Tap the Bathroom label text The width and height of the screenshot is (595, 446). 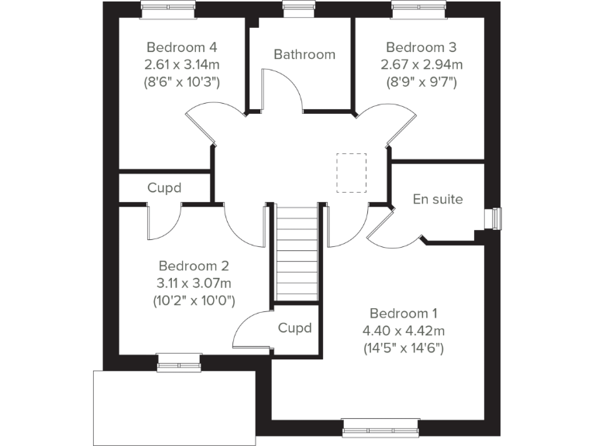pos(304,54)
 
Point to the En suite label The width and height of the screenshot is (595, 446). pos(438,199)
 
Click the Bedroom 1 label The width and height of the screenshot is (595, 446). pos(403,314)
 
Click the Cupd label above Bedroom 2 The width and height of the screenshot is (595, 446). pos(164,188)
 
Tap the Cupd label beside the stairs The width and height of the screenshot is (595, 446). pos(294,328)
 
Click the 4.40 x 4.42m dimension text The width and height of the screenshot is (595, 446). pos(403,331)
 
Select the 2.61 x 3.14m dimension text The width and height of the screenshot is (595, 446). pos(182,63)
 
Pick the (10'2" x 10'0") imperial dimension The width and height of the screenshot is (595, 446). pos(194,300)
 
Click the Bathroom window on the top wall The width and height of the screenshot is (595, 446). pos(294,9)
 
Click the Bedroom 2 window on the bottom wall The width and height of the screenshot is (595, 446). pos(177,360)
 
